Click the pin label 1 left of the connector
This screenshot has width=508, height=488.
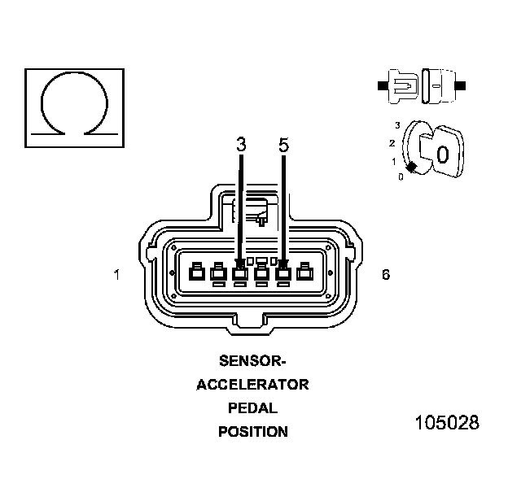coord(117,275)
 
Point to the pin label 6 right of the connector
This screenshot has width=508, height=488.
coord(385,275)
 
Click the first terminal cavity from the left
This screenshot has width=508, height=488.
coord(195,273)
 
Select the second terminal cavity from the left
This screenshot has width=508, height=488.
coord(217,273)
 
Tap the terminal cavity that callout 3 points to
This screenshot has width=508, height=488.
coord(239,273)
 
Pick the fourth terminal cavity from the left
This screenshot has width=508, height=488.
coord(261,273)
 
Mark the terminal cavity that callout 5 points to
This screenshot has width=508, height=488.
coord(283,273)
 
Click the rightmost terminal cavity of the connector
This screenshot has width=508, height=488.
coord(305,273)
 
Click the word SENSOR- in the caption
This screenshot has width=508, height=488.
coord(252,359)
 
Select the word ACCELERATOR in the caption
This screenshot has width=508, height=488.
coord(252,384)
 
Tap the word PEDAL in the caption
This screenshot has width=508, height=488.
coord(252,407)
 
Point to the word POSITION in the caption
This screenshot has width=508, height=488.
coord(252,432)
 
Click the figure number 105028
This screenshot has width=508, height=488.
coord(446,424)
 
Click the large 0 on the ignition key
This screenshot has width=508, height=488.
coord(442,154)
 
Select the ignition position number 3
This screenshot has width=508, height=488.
coord(396,125)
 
